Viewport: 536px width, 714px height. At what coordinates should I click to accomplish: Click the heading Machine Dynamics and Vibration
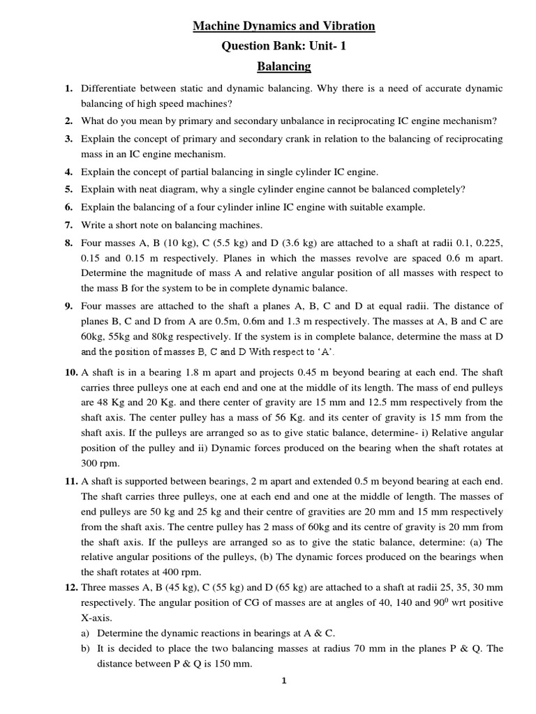coord(284,26)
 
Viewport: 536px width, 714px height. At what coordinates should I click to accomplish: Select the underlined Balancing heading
coord(284,67)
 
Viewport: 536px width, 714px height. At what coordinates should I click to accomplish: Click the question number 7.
coord(68,225)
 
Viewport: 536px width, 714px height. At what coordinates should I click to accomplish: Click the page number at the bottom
coord(284,682)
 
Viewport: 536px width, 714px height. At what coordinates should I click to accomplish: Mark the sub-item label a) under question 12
coord(87,633)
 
